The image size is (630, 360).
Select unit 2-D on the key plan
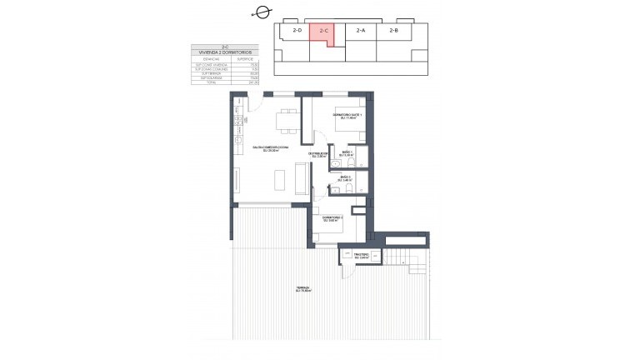[x=297, y=31]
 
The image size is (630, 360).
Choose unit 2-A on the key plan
[x=360, y=31]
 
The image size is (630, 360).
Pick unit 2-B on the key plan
[x=393, y=31]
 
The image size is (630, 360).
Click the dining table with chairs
[x=287, y=121]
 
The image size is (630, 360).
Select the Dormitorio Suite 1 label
[x=346, y=117]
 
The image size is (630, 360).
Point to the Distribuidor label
[x=317, y=155]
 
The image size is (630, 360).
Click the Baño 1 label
[x=347, y=154]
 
